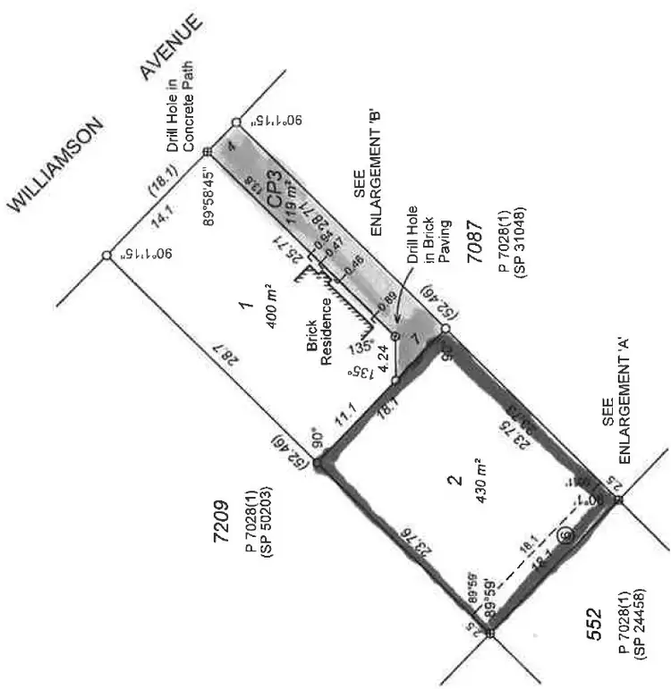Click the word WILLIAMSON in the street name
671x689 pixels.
pyautogui.click(x=57, y=162)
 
